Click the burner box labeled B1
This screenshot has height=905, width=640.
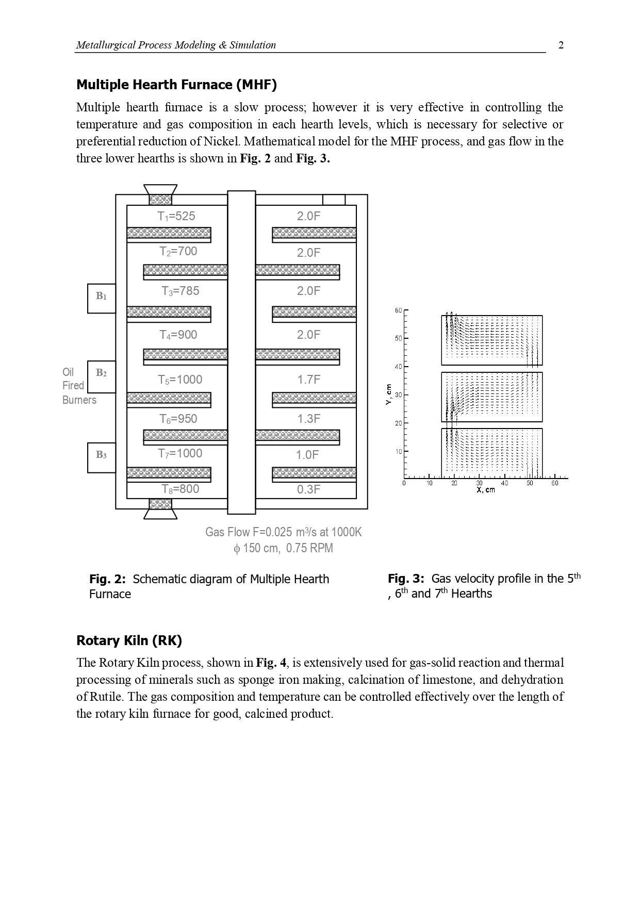pos(102,298)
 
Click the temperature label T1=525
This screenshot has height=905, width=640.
pos(176,217)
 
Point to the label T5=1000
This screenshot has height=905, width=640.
pos(180,380)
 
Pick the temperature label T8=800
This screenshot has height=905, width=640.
pos(180,489)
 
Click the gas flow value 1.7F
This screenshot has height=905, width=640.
pos(308,380)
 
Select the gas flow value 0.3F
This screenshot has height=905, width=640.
pos(308,489)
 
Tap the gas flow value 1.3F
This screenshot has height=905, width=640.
pos(308,419)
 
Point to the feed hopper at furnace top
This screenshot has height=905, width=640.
pos(160,194)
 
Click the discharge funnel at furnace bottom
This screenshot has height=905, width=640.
pos(160,508)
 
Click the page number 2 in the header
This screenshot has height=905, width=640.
pos(561,45)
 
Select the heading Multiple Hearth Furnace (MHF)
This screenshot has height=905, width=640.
pos(176,85)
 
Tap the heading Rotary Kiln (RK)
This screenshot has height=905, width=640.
pos(129,640)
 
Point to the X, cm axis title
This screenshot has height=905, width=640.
pos(485,490)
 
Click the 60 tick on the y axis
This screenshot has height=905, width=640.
pos(398,310)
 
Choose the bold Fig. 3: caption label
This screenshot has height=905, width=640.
pos(406,579)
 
